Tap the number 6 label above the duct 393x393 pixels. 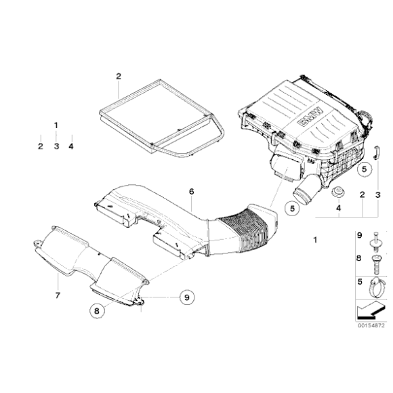click(192, 192)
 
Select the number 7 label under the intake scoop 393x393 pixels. click(58, 295)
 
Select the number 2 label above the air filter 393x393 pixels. click(118, 76)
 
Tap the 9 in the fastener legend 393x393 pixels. click(360, 236)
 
